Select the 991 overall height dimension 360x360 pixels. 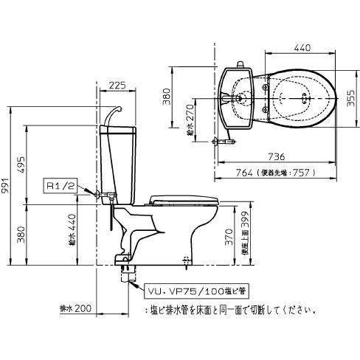click(x=7, y=189)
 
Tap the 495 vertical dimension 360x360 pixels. click(x=21, y=162)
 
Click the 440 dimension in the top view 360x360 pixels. click(x=301, y=48)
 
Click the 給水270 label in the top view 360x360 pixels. click(x=190, y=120)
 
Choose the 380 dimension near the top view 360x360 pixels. click(x=167, y=97)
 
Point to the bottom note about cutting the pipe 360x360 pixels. click(x=221, y=311)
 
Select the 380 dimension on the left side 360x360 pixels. click(x=21, y=235)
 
